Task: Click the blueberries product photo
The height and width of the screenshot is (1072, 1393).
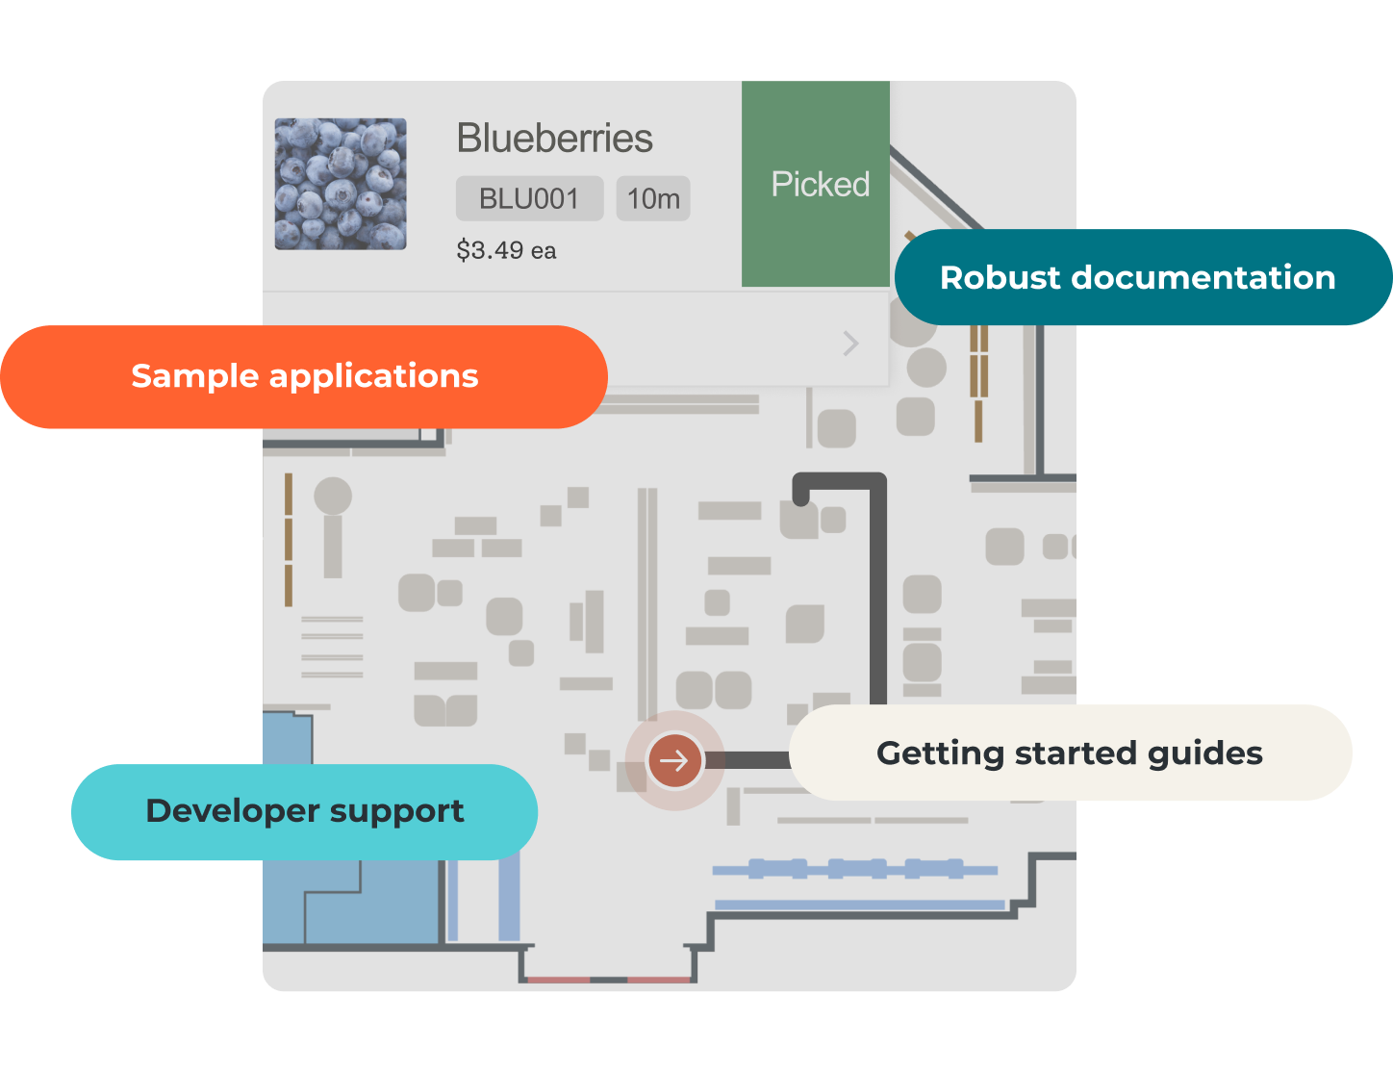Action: click(x=341, y=184)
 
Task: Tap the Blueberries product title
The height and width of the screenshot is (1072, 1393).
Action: click(x=554, y=139)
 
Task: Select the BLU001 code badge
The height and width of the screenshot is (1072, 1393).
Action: click(x=529, y=199)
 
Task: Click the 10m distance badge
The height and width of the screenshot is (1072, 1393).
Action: click(x=653, y=199)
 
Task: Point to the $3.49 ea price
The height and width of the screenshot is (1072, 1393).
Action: click(x=506, y=251)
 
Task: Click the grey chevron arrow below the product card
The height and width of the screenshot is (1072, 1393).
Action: click(x=850, y=344)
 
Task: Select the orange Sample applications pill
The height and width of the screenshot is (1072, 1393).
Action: click(x=304, y=376)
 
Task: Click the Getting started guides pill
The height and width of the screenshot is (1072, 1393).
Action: click(x=1070, y=753)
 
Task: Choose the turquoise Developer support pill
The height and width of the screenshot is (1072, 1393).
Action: click(x=304, y=811)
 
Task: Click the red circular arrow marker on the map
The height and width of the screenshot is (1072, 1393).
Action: click(x=674, y=760)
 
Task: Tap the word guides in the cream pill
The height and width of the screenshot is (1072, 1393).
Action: click(x=1210, y=753)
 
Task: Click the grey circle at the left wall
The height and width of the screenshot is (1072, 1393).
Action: click(x=333, y=497)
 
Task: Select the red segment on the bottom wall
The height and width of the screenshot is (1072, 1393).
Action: click(x=558, y=980)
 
